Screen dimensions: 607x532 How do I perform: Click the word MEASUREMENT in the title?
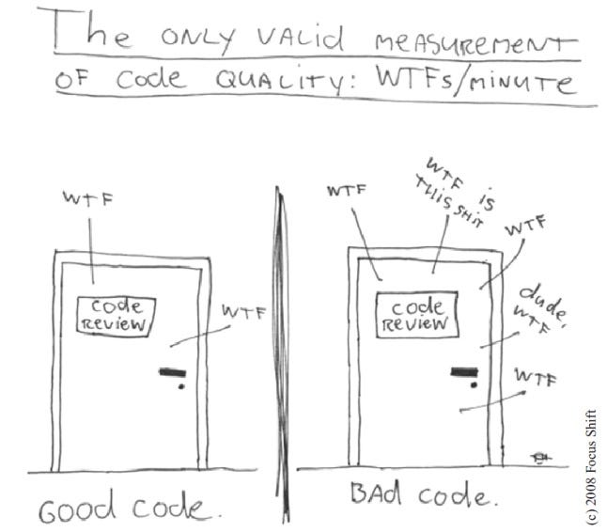[x=476, y=44]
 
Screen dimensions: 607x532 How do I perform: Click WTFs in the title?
[x=414, y=79]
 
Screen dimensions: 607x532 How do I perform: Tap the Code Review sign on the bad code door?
[x=417, y=315]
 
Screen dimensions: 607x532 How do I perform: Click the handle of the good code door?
[x=173, y=372]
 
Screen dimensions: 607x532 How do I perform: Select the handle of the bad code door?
[x=464, y=372]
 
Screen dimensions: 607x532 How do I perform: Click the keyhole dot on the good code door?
[x=181, y=386]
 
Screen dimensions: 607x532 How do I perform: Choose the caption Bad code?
[x=425, y=494]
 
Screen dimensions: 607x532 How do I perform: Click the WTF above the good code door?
[x=88, y=199]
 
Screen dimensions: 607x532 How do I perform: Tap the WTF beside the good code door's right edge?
[x=244, y=312]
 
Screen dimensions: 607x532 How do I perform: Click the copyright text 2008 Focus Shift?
[x=591, y=466]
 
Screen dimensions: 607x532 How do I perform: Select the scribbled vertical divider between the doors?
[x=282, y=354]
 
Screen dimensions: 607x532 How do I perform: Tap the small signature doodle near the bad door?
[x=539, y=458]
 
